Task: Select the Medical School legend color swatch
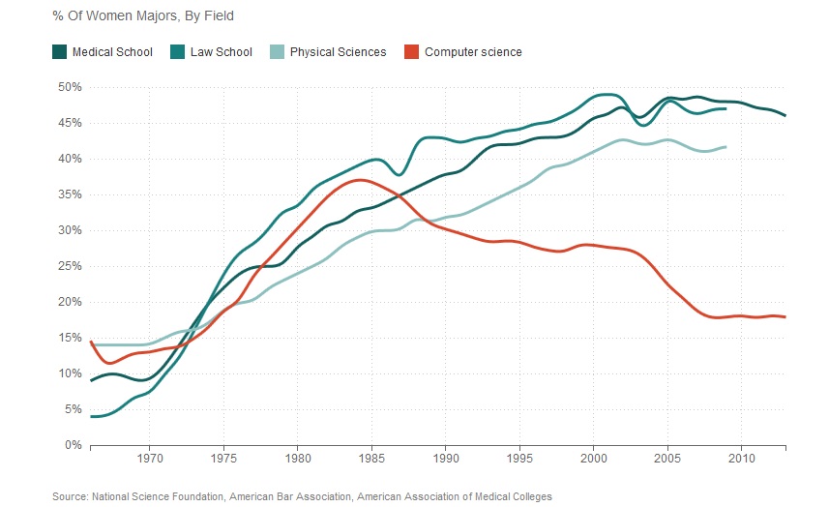click(59, 52)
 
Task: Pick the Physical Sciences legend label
click(338, 52)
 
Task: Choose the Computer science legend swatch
click(411, 52)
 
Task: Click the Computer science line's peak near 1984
click(358, 180)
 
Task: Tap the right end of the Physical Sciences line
click(725, 146)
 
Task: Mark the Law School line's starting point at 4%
click(91, 416)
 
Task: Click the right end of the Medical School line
click(785, 115)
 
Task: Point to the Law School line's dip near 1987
click(399, 175)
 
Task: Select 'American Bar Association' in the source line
click(298, 496)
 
